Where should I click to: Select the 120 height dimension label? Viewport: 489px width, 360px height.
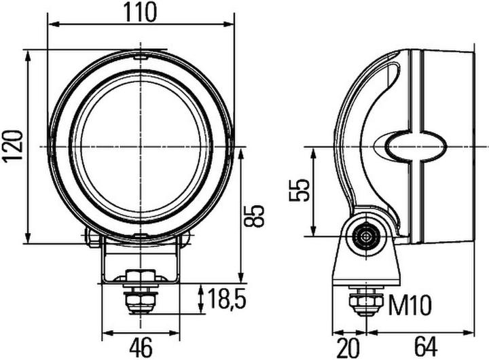point(13,146)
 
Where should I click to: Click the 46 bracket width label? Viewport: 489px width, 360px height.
point(141,347)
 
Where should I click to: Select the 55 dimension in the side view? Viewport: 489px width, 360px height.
point(299,191)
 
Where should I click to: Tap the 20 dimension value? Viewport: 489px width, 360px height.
point(348,347)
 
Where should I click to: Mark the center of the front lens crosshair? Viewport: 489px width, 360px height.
point(141,146)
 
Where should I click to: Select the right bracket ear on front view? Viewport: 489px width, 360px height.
point(185,238)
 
